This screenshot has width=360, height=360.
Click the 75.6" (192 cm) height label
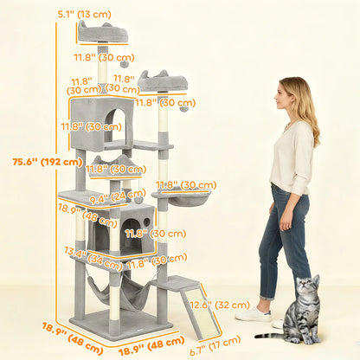[x=35, y=161]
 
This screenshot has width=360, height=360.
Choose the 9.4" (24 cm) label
[x=106, y=195]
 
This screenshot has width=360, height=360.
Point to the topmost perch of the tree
[x=102, y=34]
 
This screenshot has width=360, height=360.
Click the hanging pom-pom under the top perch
[x=124, y=65]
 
